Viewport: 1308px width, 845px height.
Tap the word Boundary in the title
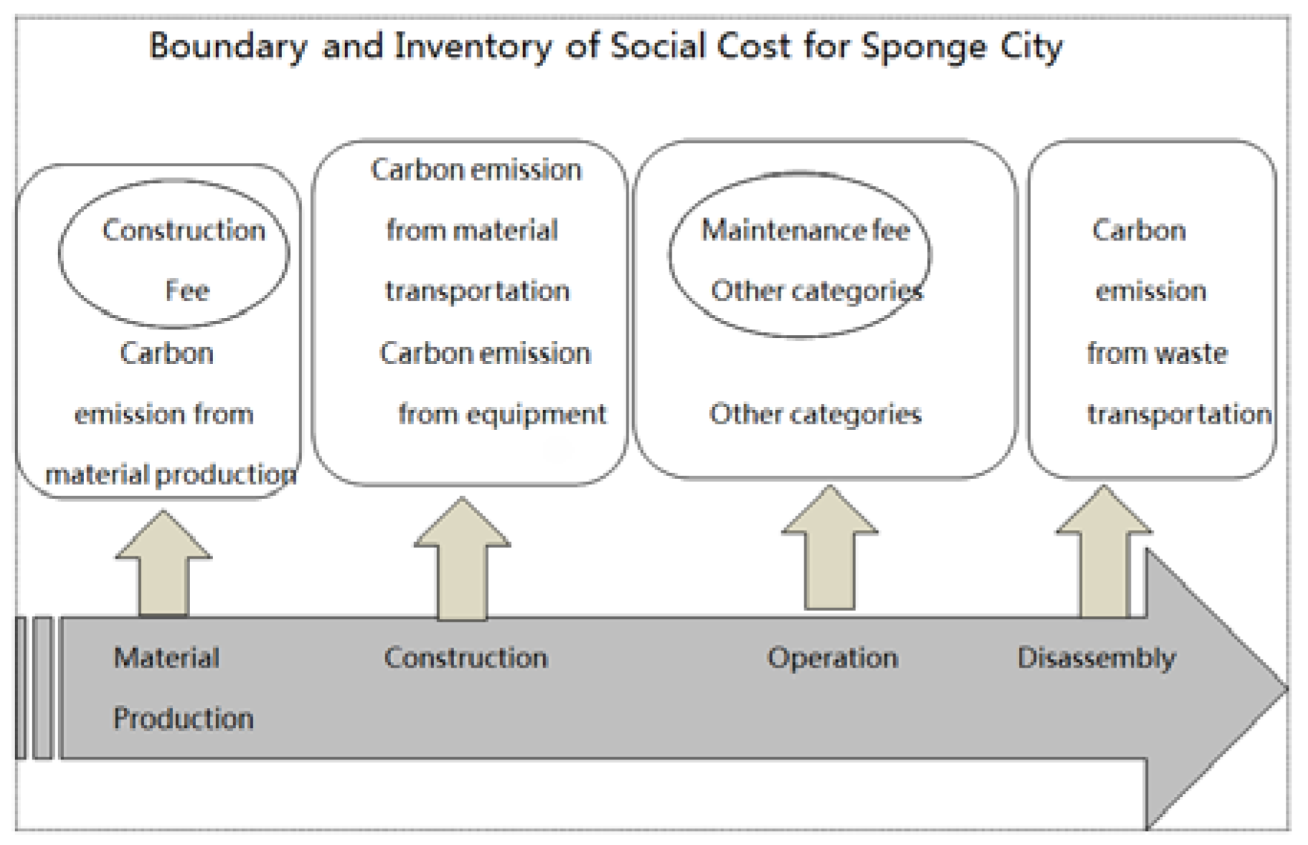(x=227, y=47)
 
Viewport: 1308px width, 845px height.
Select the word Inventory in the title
(x=473, y=47)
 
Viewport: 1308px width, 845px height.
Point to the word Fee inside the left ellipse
(x=187, y=291)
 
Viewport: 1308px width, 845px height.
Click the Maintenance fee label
(x=805, y=230)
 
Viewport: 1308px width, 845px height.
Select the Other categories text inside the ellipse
(x=817, y=291)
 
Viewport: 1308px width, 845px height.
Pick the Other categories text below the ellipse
(x=815, y=414)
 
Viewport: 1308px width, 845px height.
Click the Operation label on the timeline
(x=832, y=658)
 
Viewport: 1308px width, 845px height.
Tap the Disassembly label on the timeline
(x=1096, y=658)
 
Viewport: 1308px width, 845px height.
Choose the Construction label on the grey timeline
(x=466, y=658)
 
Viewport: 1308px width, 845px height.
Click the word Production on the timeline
(x=184, y=718)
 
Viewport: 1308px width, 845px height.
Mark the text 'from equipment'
(x=502, y=414)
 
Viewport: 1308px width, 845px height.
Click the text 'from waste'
(x=1157, y=353)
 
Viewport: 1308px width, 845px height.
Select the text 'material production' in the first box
(x=171, y=475)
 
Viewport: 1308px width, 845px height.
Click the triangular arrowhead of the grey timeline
(x=1213, y=689)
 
